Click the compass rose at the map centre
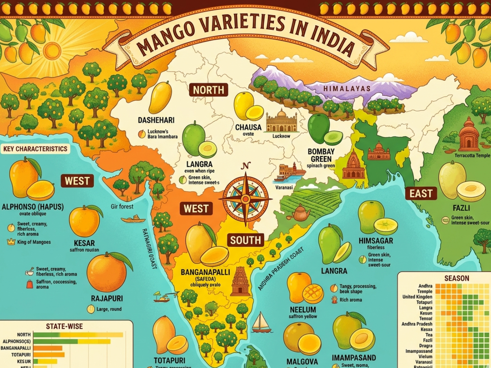(x=245, y=198)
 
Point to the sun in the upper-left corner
(x=52, y=51)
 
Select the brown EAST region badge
(x=421, y=193)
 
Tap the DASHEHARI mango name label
(x=156, y=120)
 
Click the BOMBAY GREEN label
(x=321, y=155)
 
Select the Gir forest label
(x=122, y=207)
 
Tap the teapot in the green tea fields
(x=301, y=213)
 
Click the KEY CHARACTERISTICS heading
(x=35, y=149)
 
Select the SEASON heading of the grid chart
(x=457, y=278)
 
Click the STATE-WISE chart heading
(x=65, y=326)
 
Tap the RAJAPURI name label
(x=107, y=298)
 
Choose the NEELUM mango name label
(x=303, y=310)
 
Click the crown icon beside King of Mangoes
(x=11, y=242)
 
